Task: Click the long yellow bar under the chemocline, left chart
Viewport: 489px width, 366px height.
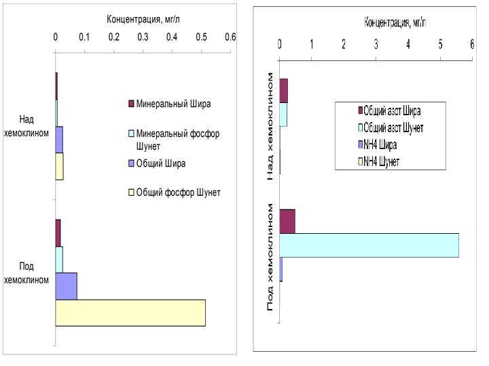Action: (130, 312)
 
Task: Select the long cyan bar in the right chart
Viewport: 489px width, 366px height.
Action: (369, 245)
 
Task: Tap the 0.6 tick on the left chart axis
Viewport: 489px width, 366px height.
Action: (230, 38)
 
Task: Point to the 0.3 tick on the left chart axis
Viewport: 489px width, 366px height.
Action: (143, 38)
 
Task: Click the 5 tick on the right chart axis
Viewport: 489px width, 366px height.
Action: (440, 45)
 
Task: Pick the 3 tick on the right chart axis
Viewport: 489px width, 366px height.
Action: (376, 45)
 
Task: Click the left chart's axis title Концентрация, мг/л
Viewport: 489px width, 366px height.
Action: (142, 19)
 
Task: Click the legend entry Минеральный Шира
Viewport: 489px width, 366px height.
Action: (173, 104)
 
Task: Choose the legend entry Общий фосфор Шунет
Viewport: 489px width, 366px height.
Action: (178, 192)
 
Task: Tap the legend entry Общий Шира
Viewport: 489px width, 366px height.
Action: (160, 163)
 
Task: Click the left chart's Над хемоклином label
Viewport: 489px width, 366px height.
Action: (26, 127)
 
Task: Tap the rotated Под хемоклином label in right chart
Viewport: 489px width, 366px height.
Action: (271, 258)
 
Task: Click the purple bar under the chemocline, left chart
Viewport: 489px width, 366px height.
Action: (66, 286)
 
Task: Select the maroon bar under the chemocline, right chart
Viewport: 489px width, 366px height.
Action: (287, 221)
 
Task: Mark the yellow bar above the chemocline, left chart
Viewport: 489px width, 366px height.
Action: (59, 166)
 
